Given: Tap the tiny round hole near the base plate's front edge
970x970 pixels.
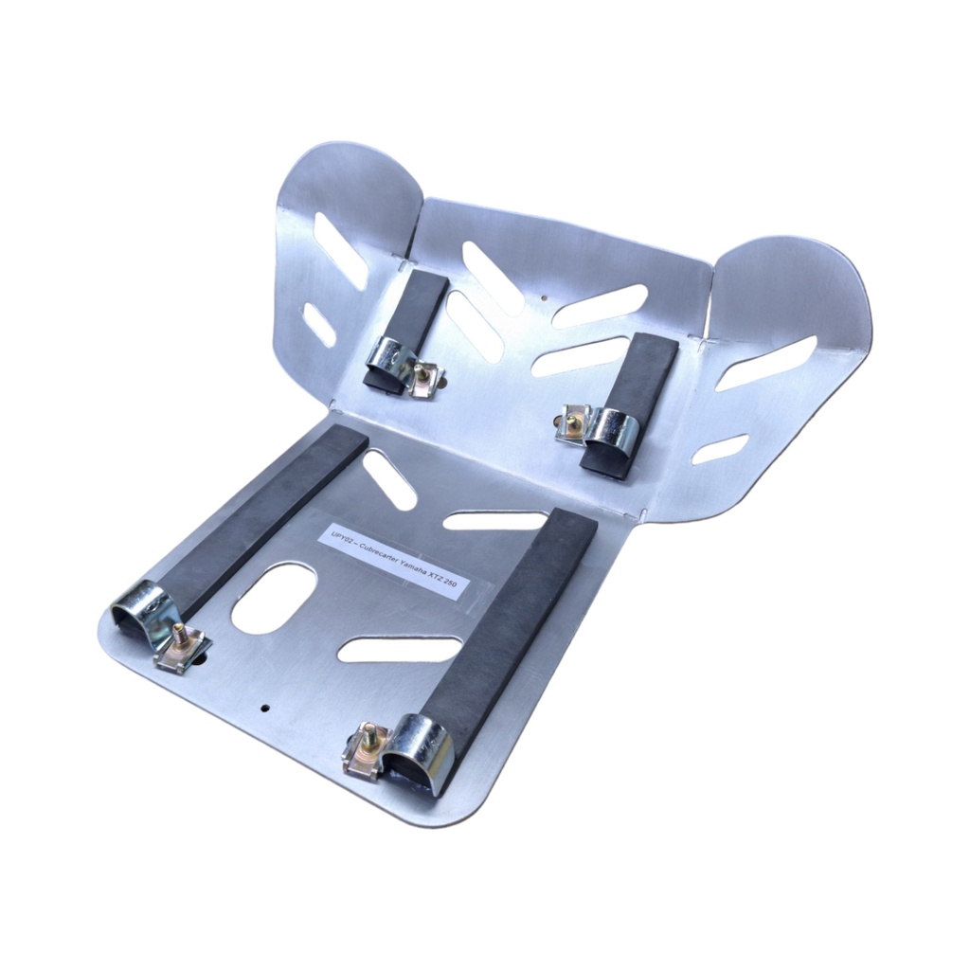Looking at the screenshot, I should click(x=265, y=707).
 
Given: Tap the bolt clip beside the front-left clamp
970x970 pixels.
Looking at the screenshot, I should click(x=182, y=649).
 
